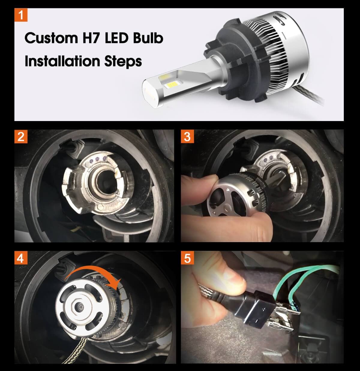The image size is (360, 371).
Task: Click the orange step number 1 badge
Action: pos(21,15)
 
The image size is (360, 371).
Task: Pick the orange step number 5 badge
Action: pos(187,258)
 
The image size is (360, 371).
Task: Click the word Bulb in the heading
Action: pos(148,38)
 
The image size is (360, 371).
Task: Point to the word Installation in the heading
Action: pos(62,61)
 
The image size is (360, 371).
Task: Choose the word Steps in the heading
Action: pos(123,61)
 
